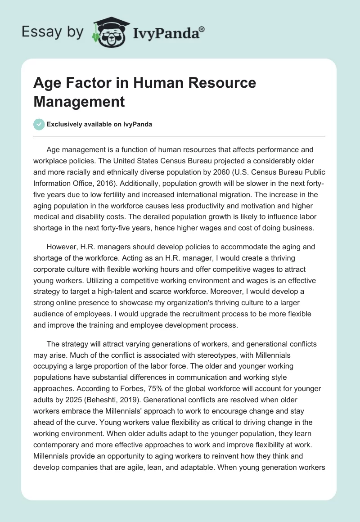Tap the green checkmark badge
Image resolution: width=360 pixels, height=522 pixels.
39,124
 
